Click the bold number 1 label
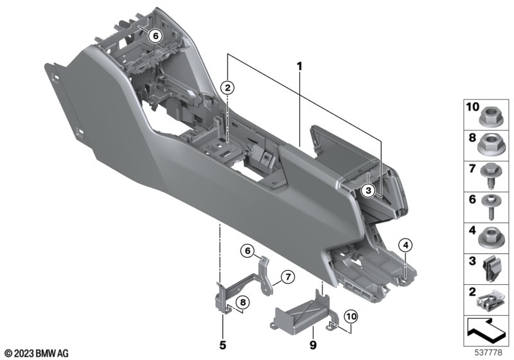[299, 67]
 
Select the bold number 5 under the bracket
[222, 345]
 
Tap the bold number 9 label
[313, 345]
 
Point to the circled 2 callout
[227, 87]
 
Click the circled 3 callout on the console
[368, 190]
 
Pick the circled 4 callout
[405, 245]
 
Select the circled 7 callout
[288, 277]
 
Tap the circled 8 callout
[243, 302]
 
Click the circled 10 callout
[351, 317]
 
